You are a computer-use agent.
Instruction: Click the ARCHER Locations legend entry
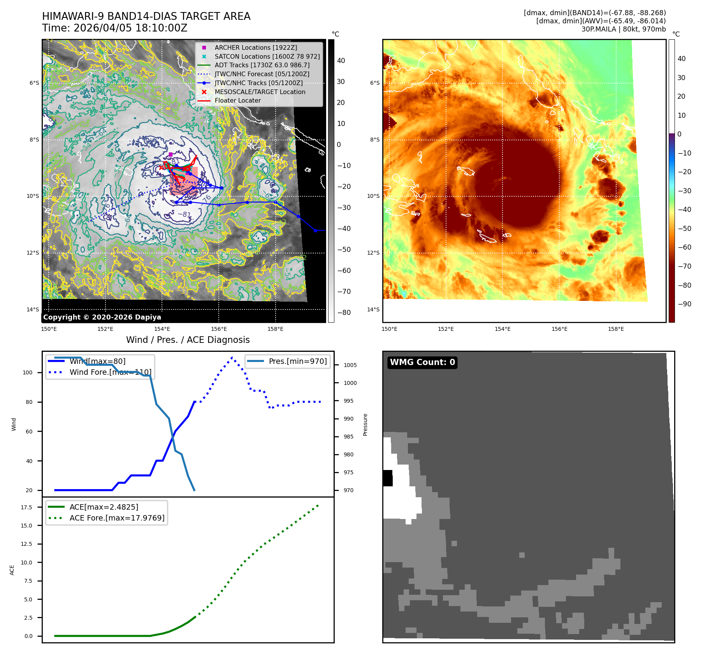tap(255, 47)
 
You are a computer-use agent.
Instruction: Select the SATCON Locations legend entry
tap(267, 56)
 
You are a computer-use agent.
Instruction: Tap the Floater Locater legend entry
tap(237, 100)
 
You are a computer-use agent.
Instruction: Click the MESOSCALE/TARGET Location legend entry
tap(260, 92)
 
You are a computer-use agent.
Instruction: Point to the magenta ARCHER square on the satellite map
tap(170, 154)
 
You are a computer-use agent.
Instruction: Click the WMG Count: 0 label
tap(422, 362)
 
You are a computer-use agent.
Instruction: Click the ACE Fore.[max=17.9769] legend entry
tap(117, 518)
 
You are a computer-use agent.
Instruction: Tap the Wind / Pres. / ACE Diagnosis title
tap(188, 340)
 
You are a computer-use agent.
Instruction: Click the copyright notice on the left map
tap(102, 317)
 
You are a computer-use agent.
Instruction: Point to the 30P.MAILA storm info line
tap(623, 29)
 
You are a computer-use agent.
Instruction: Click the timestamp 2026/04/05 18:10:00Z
tap(130, 28)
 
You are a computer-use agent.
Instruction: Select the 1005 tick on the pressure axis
tap(350, 365)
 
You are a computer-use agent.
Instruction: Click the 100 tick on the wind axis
tap(28, 372)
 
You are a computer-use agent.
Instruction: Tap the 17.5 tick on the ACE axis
tap(26, 507)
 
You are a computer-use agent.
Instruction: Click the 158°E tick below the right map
tap(616, 329)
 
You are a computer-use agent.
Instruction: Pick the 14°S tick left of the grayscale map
tap(33, 309)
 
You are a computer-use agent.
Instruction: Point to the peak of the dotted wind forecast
tap(232, 357)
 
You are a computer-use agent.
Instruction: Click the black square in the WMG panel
tap(388, 478)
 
